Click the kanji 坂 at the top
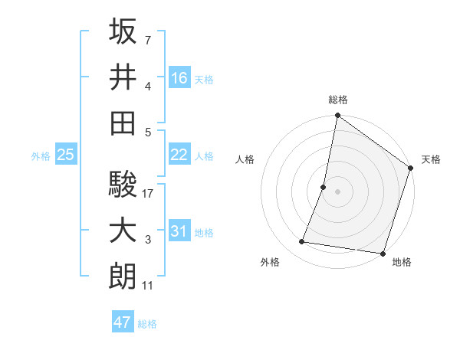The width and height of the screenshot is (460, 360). pyautogui.click(x=123, y=32)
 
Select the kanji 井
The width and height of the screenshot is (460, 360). pyautogui.click(x=123, y=77)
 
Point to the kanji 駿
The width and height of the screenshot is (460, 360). pyautogui.click(x=123, y=186)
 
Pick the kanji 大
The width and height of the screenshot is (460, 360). pyautogui.click(x=123, y=231)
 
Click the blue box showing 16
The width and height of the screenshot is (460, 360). pyautogui.click(x=179, y=77)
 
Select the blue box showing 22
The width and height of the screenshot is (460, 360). pyautogui.click(x=179, y=155)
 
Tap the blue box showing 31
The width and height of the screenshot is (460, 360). pyautogui.click(x=179, y=231)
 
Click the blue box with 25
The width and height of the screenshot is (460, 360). pyautogui.click(x=65, y=155)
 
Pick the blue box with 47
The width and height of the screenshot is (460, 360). pyautogui.click(x=123, y=322)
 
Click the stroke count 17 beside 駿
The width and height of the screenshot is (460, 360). pyautogui.click(x=148, y=195)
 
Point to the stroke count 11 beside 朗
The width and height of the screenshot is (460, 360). pyautogui.click(x=148, y=286)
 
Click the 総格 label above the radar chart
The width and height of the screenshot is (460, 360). pyautogui.click(x=337, y=100)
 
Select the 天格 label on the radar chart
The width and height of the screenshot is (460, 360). pyautogui.click(x=431, y=159)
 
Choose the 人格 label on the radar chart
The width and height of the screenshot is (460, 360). pyautogui.click(x=245, y=159)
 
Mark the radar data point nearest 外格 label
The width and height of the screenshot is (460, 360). pyautogui.click(x=302, y=242)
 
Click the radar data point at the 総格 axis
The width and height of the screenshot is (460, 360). pyautogui.click(x=337, y=116)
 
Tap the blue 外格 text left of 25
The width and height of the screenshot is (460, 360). pyautogui.click(x=41, y=156)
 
